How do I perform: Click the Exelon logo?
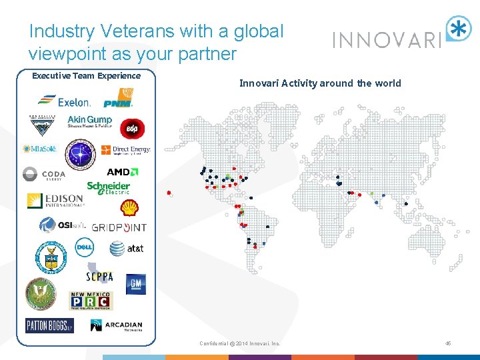tap(64, 101)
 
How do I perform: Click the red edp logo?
tap(129, 127)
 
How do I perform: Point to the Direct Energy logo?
tap(131, 150)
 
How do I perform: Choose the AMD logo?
tap(118, 172)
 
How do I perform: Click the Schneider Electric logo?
tap(108, 188)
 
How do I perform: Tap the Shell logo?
tap(129, 207)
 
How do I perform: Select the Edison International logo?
tap(55, 201)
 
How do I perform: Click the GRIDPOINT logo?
tap(119, 227)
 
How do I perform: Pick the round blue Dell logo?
tap(84, 248)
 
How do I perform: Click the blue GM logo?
tap(135, 284)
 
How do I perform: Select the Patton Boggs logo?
tap(49, 325)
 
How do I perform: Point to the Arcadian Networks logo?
tap(116, 325)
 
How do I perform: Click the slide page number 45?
tap(448, 343)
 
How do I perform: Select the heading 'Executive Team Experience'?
tap(86, 75)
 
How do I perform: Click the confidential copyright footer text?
tap(240, 343)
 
